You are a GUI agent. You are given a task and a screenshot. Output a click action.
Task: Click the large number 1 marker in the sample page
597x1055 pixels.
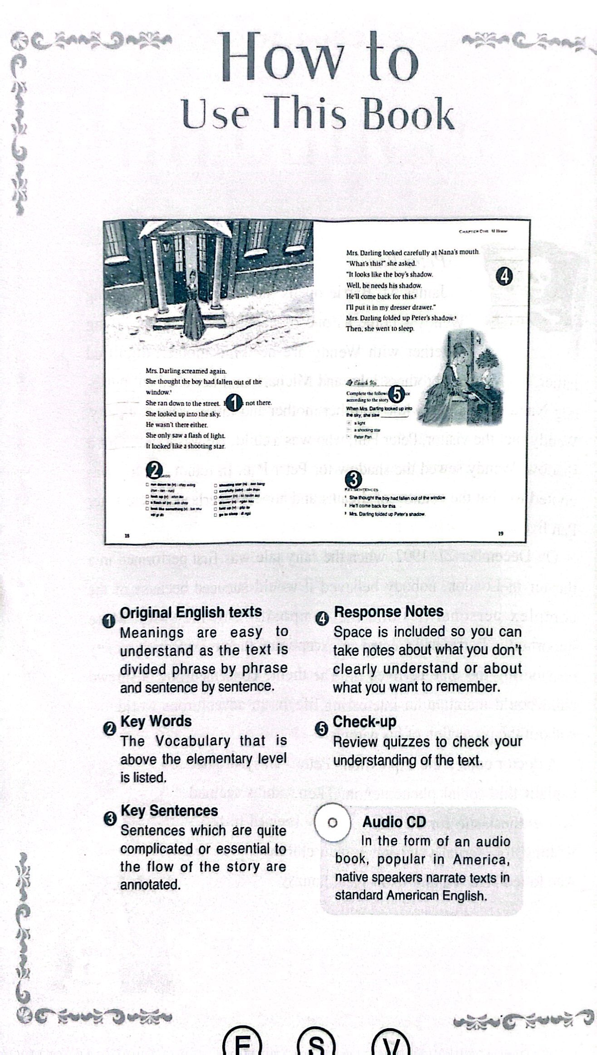coord(233,402)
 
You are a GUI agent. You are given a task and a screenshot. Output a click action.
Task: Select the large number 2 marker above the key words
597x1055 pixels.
coord(155,470)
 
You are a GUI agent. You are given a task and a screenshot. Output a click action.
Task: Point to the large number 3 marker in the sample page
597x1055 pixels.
coord(354,479)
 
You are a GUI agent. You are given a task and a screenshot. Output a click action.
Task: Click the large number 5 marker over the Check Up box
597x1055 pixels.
coord(396,394)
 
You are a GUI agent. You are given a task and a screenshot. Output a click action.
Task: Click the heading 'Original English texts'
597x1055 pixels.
coord(191,612)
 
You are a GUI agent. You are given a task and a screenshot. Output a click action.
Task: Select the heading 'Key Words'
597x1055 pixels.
coord(156,721)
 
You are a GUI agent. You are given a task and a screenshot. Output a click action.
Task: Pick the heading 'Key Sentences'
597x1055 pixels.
coord(169,810)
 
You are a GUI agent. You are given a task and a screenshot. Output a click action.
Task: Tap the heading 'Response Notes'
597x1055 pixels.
coord(388,611)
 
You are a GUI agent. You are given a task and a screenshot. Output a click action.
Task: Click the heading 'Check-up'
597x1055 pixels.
coord(364,721)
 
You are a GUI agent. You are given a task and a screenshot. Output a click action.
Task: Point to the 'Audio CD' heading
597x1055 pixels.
coord(394,822)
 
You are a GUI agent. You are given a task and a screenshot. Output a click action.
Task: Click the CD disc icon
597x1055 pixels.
coord(332,823)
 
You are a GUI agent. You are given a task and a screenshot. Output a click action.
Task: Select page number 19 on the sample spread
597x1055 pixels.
coord(500,533)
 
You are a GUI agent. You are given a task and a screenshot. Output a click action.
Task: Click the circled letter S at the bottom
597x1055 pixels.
coord(316,1044)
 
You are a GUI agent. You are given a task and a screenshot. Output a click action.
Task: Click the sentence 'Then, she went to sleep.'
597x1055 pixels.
coord(380,329)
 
